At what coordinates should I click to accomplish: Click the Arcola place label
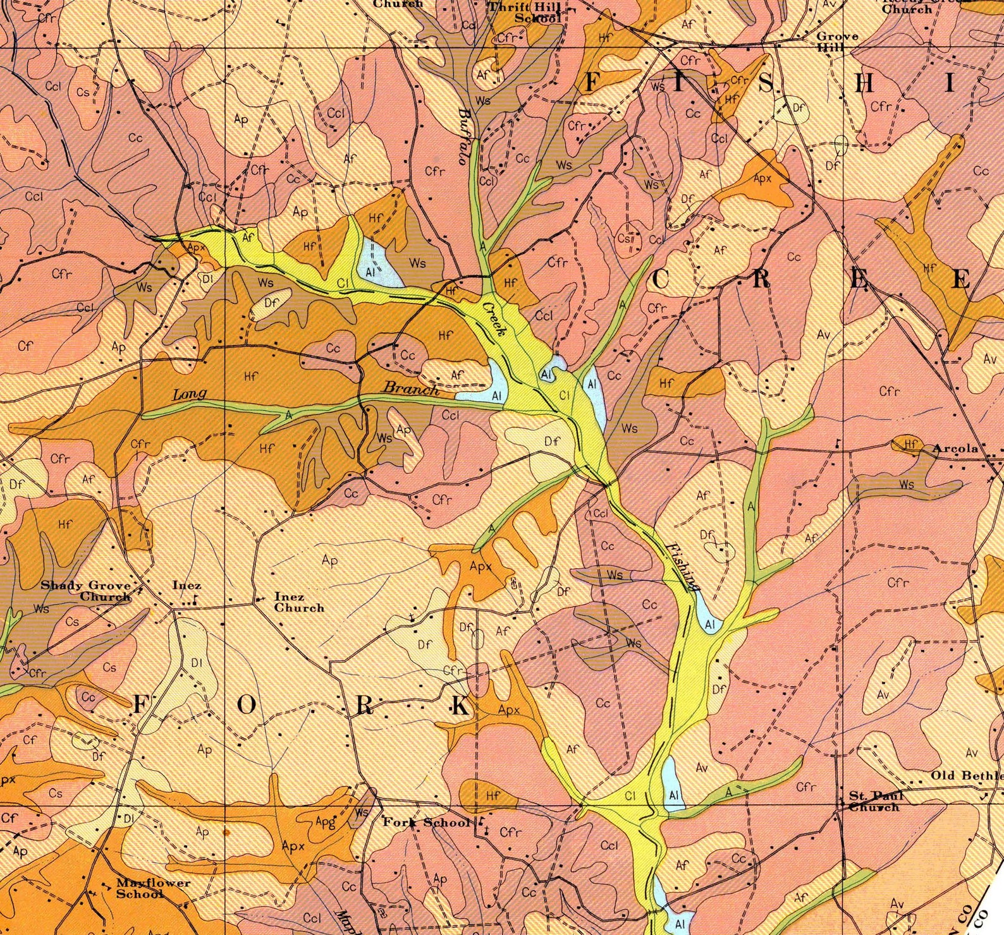[x=955, y=449]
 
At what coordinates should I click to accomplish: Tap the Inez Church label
[x=298, y=602]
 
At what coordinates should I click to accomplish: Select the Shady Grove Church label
[x=86, y=591]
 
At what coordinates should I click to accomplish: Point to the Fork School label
[x=427, y=823]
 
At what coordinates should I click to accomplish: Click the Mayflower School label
[x=153, y=888]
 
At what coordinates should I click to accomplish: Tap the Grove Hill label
[x=837, y=42]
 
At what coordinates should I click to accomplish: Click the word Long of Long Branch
[x=190, y=394]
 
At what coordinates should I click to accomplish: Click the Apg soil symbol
[x=325, y=822]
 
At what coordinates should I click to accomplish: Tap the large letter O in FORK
[x=247, y=706]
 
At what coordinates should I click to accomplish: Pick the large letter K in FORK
[x=461, y=706]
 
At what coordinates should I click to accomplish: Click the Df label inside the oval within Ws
[x=271, y=303]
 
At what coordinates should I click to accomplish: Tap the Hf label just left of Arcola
[x=910, y=445]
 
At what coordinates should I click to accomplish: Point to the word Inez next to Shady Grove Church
[x=187, y=585]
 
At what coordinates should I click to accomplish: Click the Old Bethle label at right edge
[x=966, y=775]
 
